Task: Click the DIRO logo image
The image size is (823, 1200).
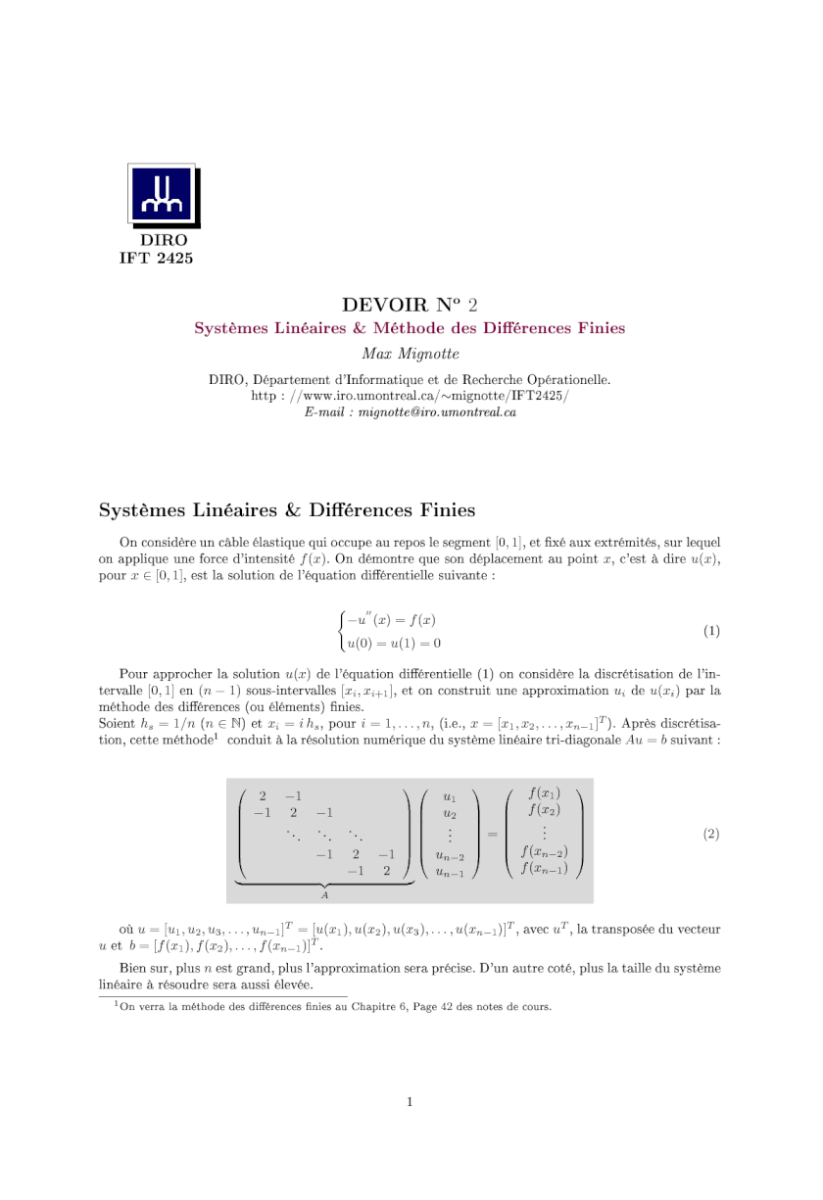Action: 164,196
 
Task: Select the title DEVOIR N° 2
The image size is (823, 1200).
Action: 410,305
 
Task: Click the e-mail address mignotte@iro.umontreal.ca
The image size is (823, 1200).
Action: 437,412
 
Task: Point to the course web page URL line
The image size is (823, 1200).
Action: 410,396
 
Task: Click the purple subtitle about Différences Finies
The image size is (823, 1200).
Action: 410,328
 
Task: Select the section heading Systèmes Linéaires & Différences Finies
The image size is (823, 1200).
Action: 287,510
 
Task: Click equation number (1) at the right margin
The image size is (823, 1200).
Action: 711,631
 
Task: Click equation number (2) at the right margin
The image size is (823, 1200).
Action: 711,834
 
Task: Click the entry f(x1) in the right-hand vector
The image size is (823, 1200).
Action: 545,792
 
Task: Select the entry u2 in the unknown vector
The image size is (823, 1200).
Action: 449,813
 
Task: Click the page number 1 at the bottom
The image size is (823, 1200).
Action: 411,1102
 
